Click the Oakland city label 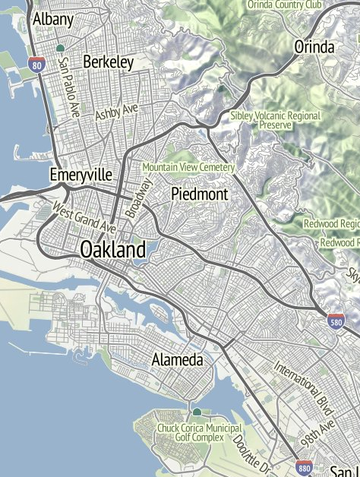click(113, 249)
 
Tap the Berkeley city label click(109, 62)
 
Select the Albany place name click(53, 19)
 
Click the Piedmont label click(200, 194)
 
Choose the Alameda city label click(177, 359)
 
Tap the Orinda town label click(314, 47)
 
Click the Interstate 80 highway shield click(36, 65)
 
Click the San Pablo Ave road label click(69, 87)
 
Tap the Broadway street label click(139, 198)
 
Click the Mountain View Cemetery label click(188, 166)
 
